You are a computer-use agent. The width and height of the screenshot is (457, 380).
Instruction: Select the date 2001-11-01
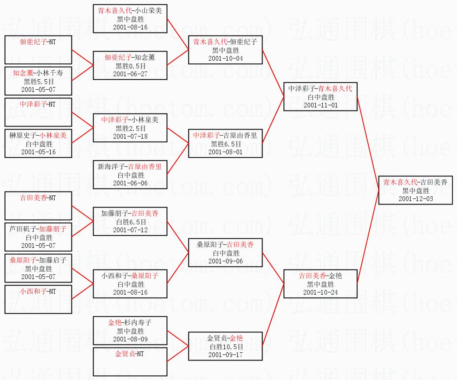[321, 105]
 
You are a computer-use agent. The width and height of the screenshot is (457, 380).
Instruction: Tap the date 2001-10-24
[321, 292]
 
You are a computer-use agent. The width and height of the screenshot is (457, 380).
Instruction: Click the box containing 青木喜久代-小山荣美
[130, 19]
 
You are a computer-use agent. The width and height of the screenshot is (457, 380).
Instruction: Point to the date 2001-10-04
[225, 58]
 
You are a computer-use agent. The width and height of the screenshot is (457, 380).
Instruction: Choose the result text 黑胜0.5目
[130, 66]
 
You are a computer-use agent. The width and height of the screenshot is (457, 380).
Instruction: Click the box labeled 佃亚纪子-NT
[38, 50]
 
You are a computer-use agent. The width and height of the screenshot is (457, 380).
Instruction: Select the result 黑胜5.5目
[38, 81]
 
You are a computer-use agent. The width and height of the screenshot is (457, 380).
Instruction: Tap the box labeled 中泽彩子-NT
[38, 112]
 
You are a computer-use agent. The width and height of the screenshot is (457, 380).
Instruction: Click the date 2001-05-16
[38, 152]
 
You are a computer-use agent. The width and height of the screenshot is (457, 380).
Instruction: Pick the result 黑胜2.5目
[130, 128]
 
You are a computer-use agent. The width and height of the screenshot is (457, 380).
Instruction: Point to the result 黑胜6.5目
[225, 144]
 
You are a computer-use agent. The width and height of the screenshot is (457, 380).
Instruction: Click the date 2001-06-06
[130, 183]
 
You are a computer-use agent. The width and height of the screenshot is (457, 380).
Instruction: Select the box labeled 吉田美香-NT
[38, 206]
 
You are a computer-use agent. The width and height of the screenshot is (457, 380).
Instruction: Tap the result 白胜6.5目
[130, 222]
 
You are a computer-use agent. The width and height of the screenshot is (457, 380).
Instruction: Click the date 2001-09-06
[225, 261]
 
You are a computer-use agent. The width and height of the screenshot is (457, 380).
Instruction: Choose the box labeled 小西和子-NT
[38, 299]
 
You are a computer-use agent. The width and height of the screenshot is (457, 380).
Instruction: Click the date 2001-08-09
[130, 339]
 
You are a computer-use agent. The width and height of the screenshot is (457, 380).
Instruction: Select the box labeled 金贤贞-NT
[130, 362]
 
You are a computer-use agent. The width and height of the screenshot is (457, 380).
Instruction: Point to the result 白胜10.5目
[225, 347]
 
